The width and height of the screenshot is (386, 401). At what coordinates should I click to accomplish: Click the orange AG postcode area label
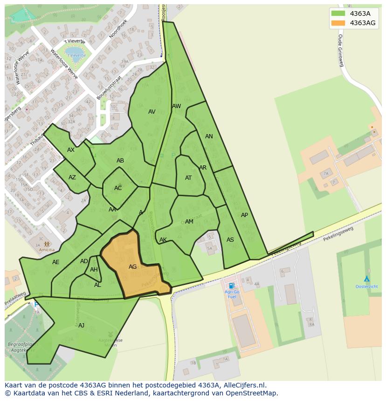pyautogui.click(x=133, y=267)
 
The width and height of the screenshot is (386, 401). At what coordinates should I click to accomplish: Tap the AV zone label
pyautogui.click(x=152, y=112)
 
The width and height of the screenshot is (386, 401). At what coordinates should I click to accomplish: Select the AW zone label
pyautogui.click(x=176, y=106)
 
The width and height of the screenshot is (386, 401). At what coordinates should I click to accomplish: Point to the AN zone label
pyautogui.click(x=209, y=136)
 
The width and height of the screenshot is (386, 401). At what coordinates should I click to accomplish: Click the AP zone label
pyautogui.click(x=244, y=215)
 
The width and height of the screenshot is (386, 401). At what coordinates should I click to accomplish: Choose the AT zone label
pyautogui.click(x=188, y=178)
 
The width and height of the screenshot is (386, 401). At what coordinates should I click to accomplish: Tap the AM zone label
pyautogui.click(x=189, y=222)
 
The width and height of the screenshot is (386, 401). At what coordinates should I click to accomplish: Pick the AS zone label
pyautogui.click(x=230, y=240)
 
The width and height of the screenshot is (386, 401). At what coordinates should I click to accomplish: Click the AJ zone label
pyautogui.click(x=81, y=325)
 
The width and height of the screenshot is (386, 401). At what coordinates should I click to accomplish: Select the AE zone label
pyautogui.click(x=56, y=262)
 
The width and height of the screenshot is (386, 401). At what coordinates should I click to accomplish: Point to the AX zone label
pyautogui.click(x=71, y=150)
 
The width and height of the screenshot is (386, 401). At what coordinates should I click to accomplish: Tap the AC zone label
pyautogui.click(x=118, y=188)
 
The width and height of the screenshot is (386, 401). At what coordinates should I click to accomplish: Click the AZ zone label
pyautogui.click(x=72, y=177)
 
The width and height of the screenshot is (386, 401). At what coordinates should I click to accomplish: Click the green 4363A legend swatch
pyautogui.click(x=338, y=14)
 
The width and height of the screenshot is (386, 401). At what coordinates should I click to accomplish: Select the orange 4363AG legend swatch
pyautogui.click(x=338, y=23)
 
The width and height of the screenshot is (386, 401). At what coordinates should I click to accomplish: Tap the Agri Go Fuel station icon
pyautogui.click(x=231, y=285)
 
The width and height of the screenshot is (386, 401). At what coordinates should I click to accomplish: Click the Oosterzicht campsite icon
pyautogui.click(x=367, y=279)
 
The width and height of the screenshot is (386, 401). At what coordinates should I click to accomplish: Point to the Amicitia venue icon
pyautogui.click(x=46, y=244)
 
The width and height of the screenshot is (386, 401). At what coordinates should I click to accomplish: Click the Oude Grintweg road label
pyautogui.click(x=340, y=50)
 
